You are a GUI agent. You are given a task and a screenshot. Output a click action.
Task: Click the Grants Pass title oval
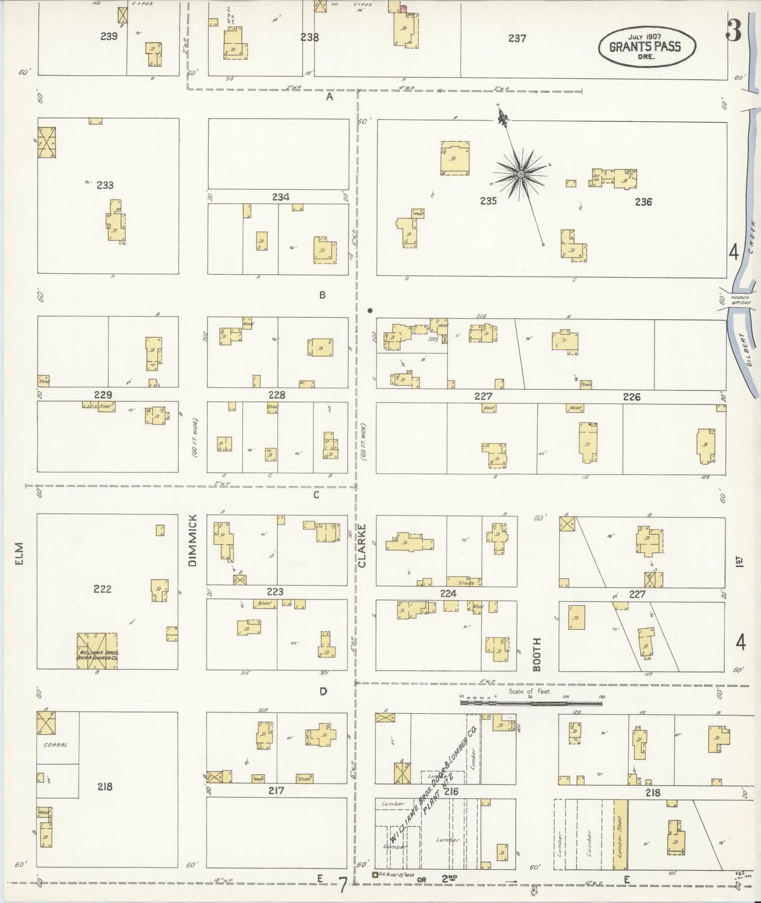click(646, 46)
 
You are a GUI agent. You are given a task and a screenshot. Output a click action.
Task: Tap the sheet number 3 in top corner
click(734, 31)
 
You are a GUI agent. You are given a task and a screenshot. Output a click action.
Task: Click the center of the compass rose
click(521, 174)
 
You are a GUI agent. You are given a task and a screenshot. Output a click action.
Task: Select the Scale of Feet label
click(529, 691)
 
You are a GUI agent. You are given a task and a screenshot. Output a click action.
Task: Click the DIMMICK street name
click(192, 540)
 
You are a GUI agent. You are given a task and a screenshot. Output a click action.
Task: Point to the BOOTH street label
click(537, 654)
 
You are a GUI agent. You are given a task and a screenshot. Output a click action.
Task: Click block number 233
click(105, 185)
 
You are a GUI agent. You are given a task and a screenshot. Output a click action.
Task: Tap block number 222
click(102, 589)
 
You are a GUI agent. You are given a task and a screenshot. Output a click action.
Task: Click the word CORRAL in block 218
click(58, 745)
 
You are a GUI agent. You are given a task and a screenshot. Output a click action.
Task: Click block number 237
click(517, 38)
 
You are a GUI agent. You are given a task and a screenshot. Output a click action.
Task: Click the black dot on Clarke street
click(370, 310)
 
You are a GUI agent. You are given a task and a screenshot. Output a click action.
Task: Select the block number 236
click(643, 202)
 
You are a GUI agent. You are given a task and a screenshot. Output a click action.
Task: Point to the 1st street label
click(739, 562)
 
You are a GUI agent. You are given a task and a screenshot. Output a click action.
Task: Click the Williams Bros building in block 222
click(97, 651)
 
